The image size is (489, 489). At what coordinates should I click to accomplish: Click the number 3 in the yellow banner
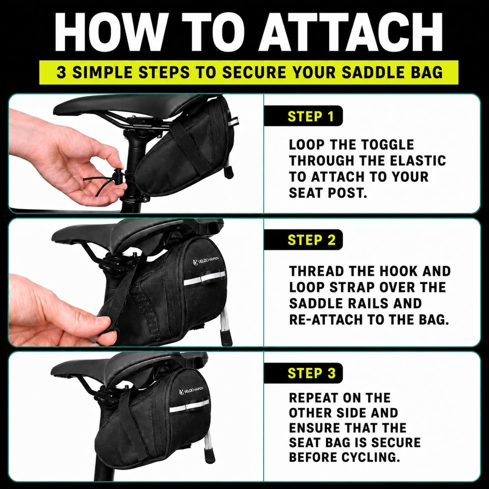61,72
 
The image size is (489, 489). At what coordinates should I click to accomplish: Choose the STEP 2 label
312,240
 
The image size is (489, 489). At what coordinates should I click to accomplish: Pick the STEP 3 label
312,373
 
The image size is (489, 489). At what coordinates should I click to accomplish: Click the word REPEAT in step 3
314,398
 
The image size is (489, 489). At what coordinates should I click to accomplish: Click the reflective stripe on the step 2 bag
204,280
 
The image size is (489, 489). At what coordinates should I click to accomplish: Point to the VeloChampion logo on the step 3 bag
191,388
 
